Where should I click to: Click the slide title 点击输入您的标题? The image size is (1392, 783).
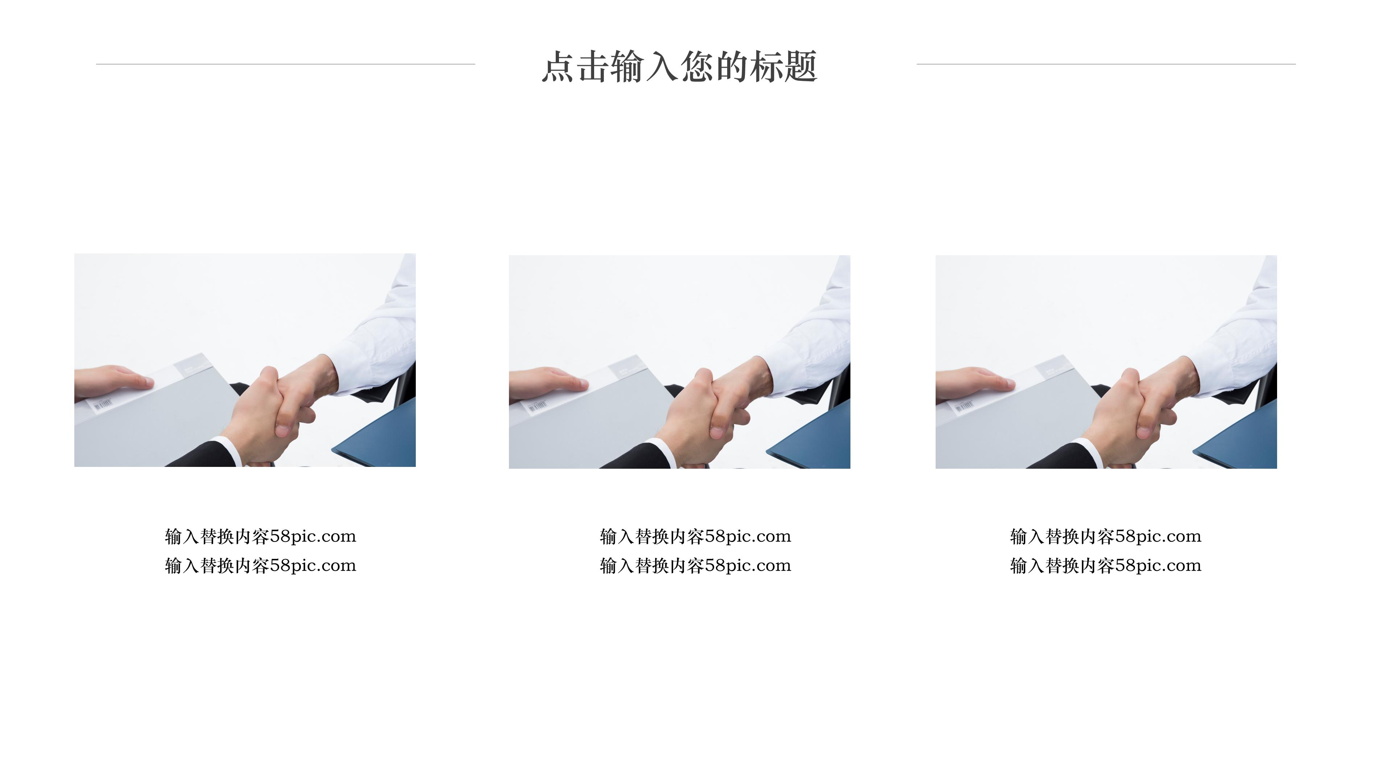[679, 67]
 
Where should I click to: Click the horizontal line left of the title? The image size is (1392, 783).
[285, 64]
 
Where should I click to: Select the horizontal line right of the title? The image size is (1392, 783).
[1106, 64]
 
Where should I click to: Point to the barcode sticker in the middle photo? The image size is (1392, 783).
[537, 406]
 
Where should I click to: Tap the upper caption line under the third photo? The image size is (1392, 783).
[1106, 536]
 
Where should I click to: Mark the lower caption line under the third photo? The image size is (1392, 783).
[1106, 566]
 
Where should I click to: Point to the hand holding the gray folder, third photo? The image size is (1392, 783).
[973, 381]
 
